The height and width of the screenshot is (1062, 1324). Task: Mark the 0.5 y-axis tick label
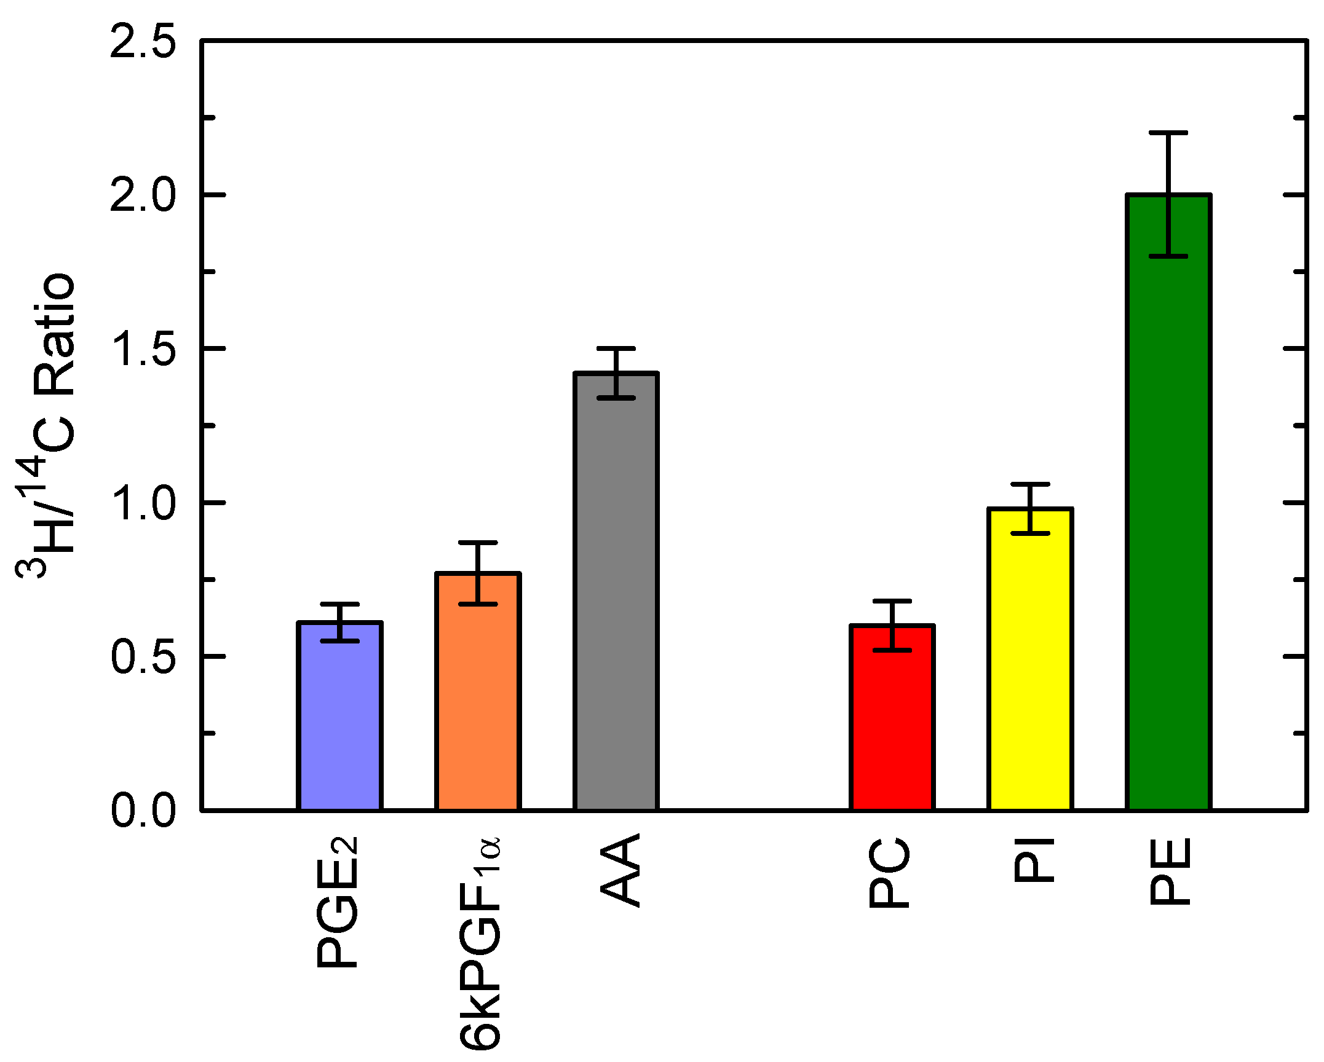(143, 656)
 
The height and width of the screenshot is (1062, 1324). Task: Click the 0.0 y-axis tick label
(143, 810)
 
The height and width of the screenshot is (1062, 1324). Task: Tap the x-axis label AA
(620, 870)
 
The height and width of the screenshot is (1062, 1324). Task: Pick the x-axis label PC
(889, 873)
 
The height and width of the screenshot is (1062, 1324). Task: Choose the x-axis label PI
(1033, 860)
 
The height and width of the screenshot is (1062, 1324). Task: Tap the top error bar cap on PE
(1168, 133)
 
